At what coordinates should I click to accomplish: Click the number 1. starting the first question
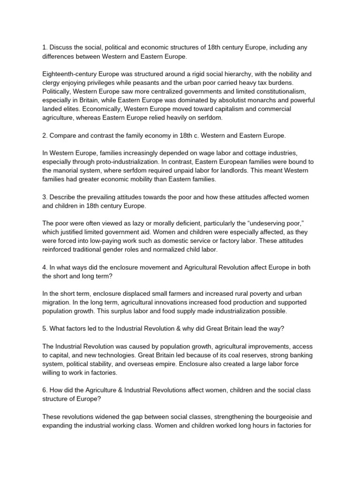[45, 48]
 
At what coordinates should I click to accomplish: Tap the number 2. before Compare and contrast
[45, 135]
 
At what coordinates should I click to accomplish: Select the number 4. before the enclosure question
[45, 267]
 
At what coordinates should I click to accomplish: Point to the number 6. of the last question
[45, 390]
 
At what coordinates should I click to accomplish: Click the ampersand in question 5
[180, 329]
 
